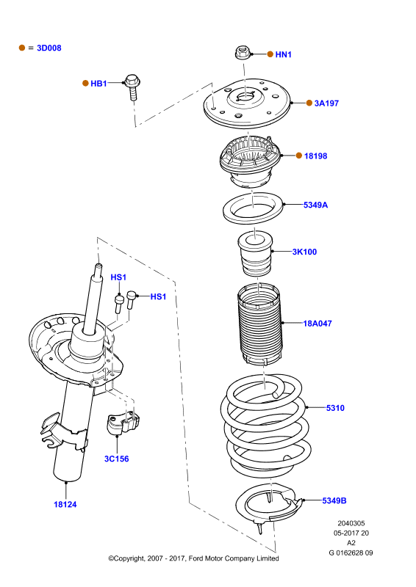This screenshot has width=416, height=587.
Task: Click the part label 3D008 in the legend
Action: pos(49,48)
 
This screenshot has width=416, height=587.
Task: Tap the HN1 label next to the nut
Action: pos(283,54)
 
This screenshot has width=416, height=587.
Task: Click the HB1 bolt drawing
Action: pos(132,87)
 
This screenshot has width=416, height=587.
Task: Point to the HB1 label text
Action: pos(98,84)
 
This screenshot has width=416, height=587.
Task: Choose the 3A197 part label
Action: pos(326,103)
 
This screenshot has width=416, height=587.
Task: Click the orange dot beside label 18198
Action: pos(299,156)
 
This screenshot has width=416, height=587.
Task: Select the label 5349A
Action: pos(315,205)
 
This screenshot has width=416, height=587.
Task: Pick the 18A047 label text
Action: pos(318,324)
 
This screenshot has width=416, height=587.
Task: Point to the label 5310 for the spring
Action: pos(335,408)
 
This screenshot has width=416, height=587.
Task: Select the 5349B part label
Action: pos(334,500)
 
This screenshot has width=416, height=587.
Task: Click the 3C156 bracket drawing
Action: pos(123,424)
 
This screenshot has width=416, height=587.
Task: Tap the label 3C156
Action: pos(116,459)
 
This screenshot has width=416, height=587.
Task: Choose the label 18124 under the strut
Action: pos(65,505)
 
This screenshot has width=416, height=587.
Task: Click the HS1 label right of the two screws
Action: pos(158,297)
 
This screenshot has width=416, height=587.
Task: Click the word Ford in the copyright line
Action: pos(196,558)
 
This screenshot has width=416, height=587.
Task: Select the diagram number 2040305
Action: pos(351,523)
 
